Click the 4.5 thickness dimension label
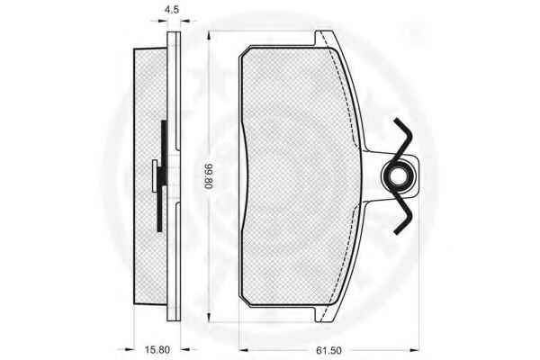[172, 10]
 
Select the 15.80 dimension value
[157, 350]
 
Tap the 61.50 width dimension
[328, 350]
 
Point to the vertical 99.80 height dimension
[209, 176]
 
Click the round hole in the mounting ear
[400, 175]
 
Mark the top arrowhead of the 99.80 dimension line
[209, 34]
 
